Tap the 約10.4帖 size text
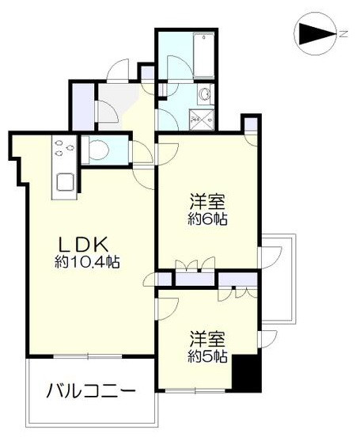click(86, 262)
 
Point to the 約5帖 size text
click(208, 356)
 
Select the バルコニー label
click(89, 391)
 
